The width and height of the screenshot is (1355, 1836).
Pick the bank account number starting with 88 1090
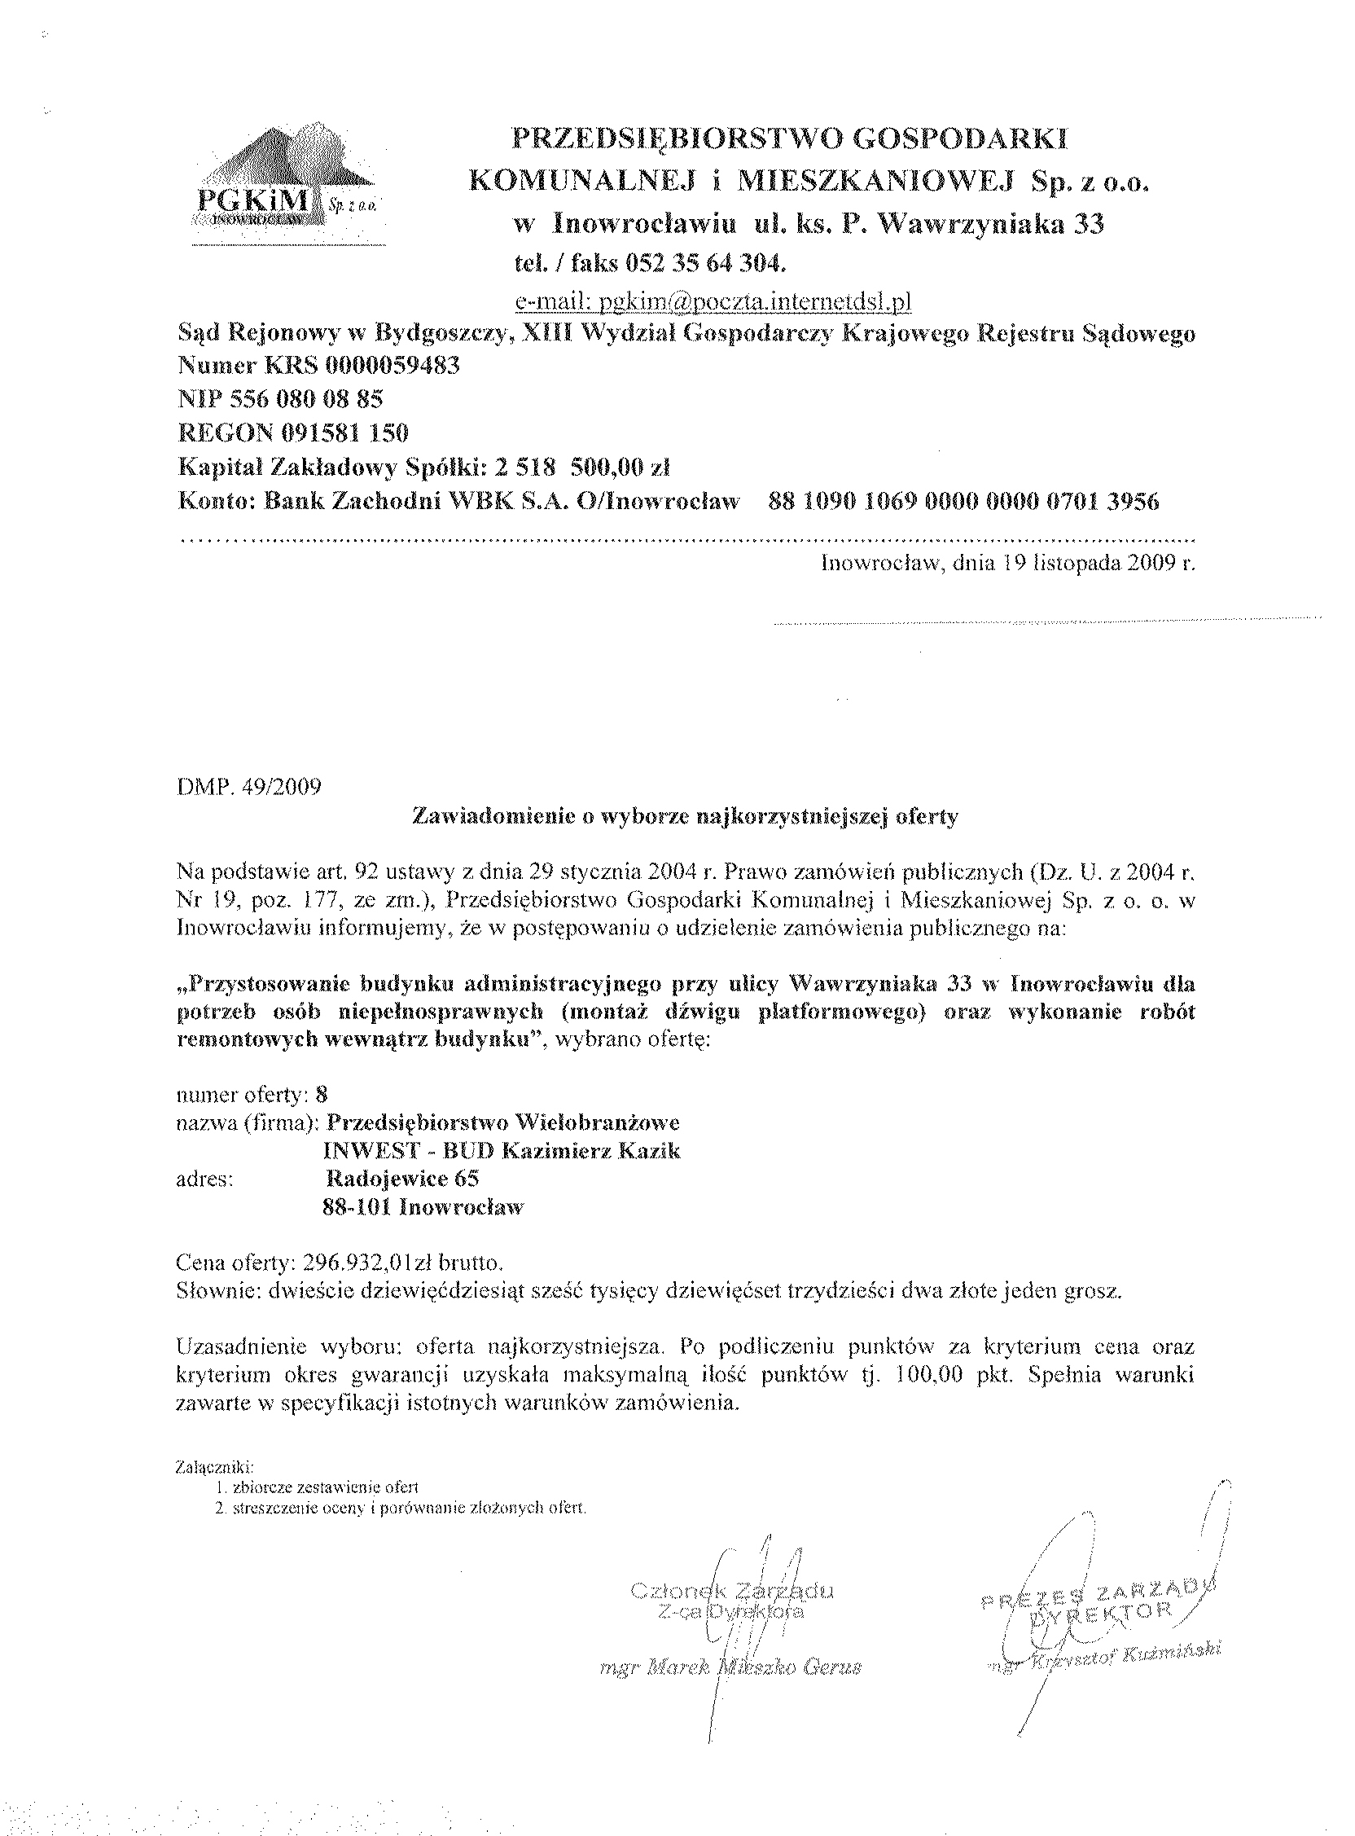[964, 502]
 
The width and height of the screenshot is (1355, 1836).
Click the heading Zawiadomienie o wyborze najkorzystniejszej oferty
[685, 817]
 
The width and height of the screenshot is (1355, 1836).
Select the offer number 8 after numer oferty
[322, 1094]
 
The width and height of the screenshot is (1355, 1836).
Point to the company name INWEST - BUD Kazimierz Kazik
[502, 1150]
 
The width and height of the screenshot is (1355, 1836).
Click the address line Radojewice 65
[402, 1179]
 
